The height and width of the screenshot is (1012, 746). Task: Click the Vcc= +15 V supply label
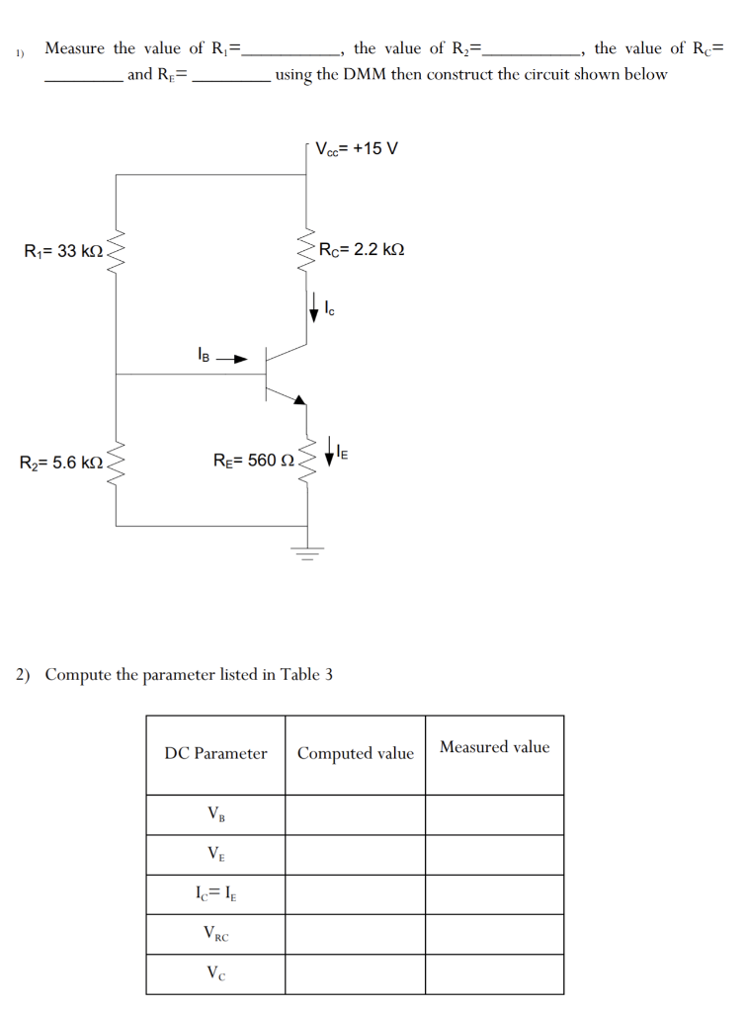[x=357, y=149]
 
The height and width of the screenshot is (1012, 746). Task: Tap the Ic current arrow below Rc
[x=315, y=305]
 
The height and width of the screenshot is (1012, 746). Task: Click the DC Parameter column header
[x=215, y=754]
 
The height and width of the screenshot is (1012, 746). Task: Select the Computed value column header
[x=356, y=754]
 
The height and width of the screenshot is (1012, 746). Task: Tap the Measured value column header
[x=494, y=747]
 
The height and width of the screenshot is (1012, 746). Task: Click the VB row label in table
[x=215, y=815]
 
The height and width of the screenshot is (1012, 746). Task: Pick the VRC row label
[x=215, y=933]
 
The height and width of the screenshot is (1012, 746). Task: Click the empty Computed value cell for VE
[x=356, y=855]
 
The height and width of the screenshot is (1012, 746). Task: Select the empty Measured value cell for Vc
[x=494, y=973]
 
